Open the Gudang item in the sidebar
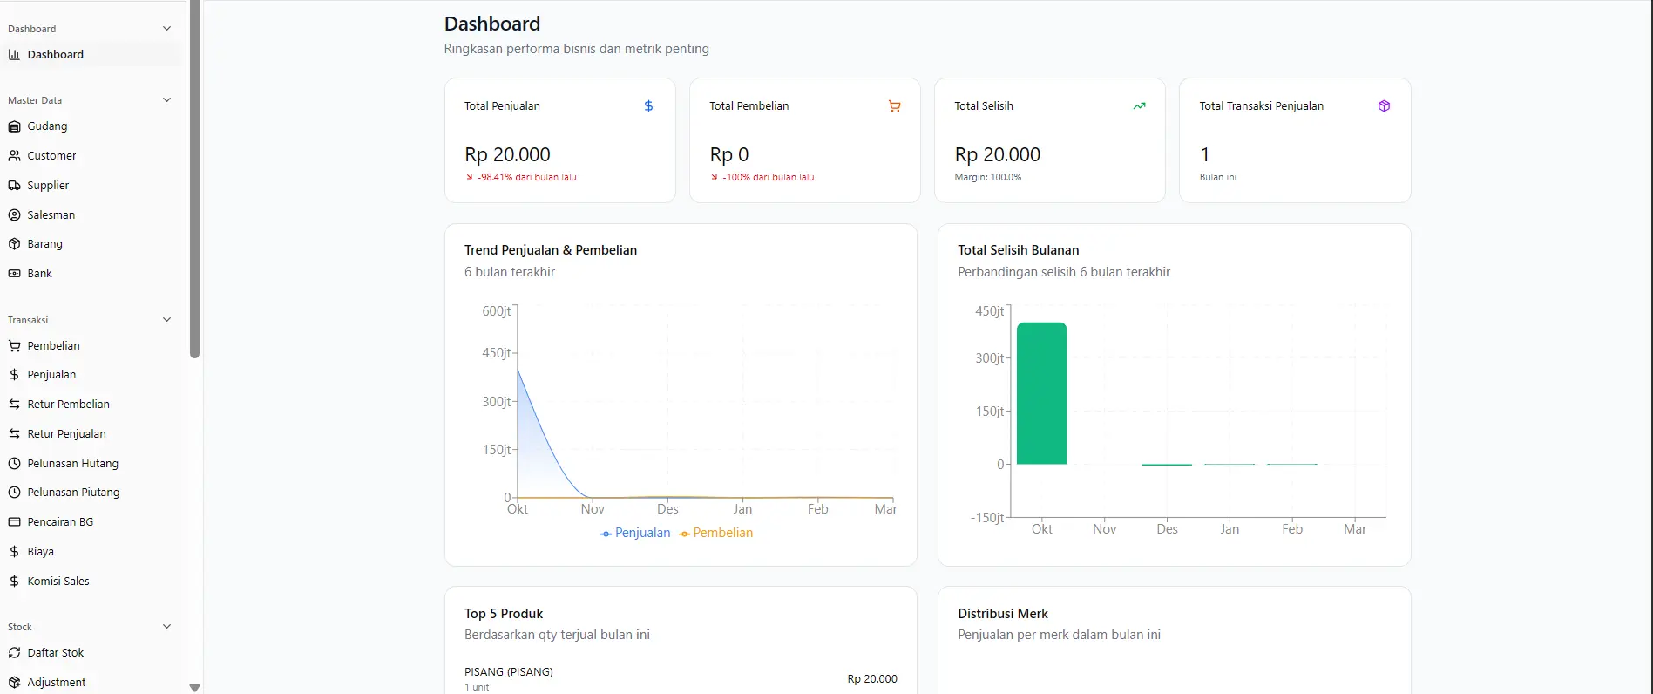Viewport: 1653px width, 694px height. tap(47, 126)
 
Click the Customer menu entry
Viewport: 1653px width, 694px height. tap(51, 156)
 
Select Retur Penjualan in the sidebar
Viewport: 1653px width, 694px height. tap(66, 434)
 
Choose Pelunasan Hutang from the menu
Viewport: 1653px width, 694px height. tap(72, 464)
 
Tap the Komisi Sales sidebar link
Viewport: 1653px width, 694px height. tap(58, 582)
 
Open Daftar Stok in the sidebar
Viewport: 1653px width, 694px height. tap(55, 653)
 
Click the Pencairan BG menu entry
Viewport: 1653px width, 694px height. tap(60, 522)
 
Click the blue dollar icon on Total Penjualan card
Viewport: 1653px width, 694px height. tap(648, 106)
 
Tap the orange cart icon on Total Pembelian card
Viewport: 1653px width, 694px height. tap(894, 106)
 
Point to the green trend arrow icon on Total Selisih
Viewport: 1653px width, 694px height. tap(1139, 106)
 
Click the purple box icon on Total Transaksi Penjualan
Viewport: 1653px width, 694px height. tap(1384, 106)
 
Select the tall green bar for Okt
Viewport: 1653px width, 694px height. tap(1041, 393)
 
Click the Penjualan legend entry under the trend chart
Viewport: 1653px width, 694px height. tap(635, 534)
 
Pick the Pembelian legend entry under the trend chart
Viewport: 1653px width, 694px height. tap(716, 534)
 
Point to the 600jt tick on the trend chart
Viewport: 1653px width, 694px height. tap(497, 311)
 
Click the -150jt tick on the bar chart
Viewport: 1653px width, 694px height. tap(987, 518)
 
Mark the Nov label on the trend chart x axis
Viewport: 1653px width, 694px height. tap(593, 509)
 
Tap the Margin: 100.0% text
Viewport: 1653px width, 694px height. tap(988, 178)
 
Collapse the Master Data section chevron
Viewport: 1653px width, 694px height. tap(167, 100)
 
